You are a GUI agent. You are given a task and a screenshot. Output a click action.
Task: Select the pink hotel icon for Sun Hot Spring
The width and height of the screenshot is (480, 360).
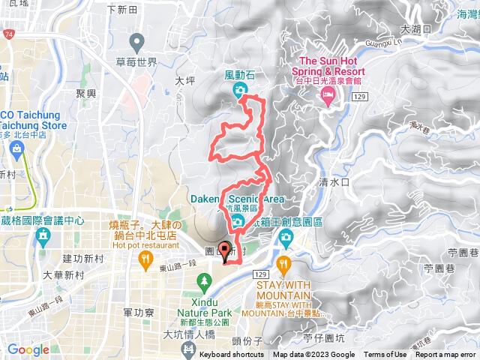pos(327,94)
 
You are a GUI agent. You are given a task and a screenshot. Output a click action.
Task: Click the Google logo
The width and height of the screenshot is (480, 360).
pos(28,349)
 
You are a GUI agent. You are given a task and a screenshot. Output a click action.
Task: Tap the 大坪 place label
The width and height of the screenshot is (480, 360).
pos(184,78)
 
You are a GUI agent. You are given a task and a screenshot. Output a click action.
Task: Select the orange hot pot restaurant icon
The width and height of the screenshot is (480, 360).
pos(144,259)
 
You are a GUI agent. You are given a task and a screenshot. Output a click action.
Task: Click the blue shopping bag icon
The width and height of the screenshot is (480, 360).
pos(16,148)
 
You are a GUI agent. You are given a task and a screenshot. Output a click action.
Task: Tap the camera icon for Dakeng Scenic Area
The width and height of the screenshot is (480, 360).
pos(237,220)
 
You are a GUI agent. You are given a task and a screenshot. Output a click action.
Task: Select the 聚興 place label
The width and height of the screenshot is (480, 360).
pos(86,93)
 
